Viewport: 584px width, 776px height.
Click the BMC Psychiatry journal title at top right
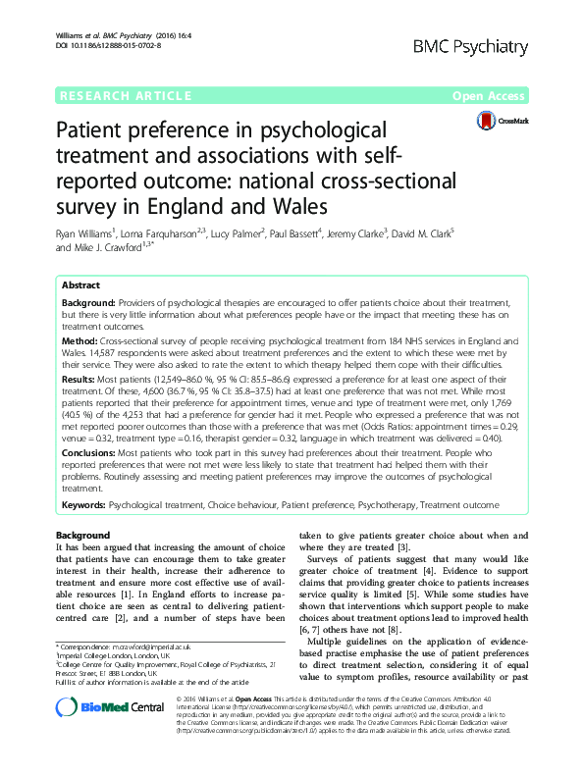tap(474, 46)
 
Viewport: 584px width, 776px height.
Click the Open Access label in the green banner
tap(490, 96)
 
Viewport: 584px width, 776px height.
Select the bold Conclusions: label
tap(93, 453)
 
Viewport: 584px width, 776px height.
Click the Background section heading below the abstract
tap(82, 535)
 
